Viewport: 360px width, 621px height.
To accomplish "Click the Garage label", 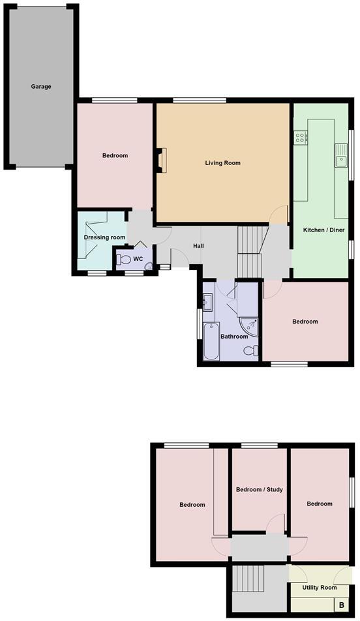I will (40, 86).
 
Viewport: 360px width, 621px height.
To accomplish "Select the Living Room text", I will (222, 162).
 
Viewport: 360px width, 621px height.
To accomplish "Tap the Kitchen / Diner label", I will (323, 230).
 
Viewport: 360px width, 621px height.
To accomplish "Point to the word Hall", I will (199, 246).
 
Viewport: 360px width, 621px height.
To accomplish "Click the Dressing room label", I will (104, 237).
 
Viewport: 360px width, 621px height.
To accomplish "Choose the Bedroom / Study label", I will (259, 489).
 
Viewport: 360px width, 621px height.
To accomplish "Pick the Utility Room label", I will (319, 588).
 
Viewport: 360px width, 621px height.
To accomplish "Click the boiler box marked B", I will (342, 605).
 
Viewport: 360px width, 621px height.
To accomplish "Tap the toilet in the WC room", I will (124, 259).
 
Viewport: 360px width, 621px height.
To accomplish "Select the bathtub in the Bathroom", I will (211, 341).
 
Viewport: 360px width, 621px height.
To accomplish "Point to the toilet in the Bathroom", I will (250, 351).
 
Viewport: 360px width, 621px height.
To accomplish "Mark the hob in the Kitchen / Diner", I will (301, 138).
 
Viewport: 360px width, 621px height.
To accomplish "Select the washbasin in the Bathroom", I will (207, 301).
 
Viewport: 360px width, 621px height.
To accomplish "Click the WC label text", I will (138, 259).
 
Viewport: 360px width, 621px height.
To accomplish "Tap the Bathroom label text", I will (233, 337).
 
